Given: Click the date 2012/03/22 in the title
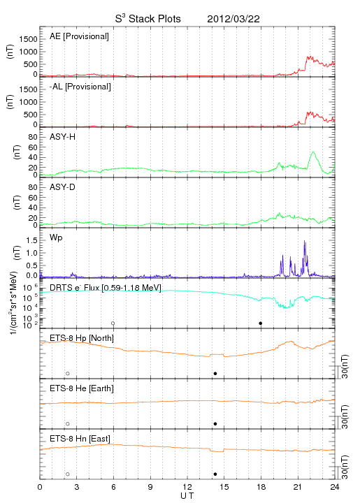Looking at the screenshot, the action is (x=233, y=19).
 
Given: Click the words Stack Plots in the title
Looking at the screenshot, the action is (x=154, y=19).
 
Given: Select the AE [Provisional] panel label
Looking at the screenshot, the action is (x=79, y=36).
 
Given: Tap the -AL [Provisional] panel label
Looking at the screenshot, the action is (x=80, y=87).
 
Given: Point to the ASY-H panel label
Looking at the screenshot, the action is (x=63, y=137).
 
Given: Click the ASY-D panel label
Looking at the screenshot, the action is (x=63, y=187).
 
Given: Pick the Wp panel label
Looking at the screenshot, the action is (x=56, y=238).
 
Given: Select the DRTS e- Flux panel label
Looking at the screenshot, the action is (x=106, y=288).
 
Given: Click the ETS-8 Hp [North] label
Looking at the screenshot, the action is (x=82, y=338).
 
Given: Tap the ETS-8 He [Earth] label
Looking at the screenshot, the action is (x=82, y=388).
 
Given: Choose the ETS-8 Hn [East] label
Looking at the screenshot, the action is (x=80, y=439).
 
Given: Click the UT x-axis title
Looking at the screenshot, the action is (x=187, y=496).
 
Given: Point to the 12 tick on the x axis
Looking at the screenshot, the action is (x=187, y=488).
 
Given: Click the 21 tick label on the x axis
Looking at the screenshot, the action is (x=298, y=488).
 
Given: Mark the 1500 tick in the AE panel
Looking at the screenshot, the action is (x=28, y=39).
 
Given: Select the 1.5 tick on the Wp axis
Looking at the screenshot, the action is (x=31, y=240).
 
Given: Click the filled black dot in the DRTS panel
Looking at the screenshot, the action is (x=261, y=323).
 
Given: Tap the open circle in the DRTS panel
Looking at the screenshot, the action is (x=113, y=323).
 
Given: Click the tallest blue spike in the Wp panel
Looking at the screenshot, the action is (x=305, y=241).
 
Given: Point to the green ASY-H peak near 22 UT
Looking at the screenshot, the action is (x=313, y=152).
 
